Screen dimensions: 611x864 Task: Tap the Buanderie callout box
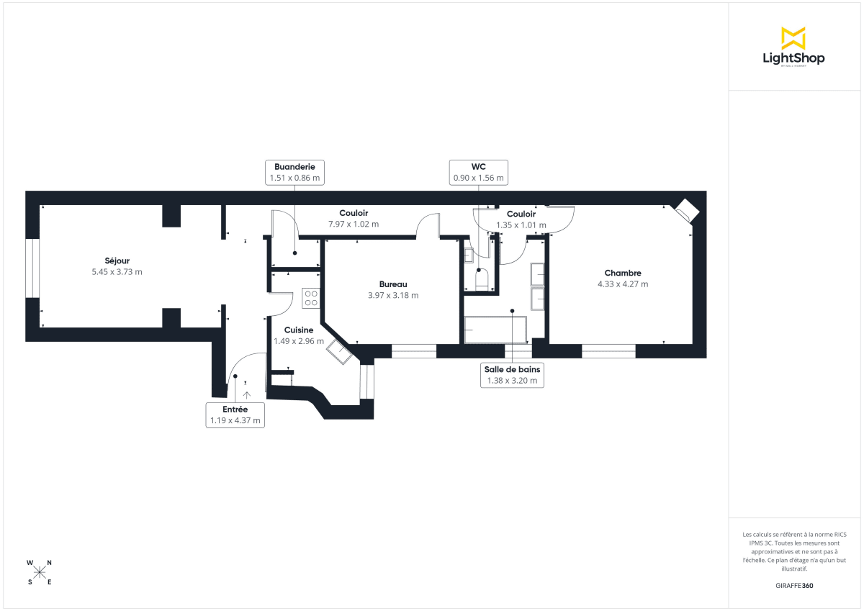(294, 171)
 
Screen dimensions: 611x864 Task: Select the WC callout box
(478, 171)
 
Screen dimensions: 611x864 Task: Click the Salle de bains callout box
(512, 375)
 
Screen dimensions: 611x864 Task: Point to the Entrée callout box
(234, 415)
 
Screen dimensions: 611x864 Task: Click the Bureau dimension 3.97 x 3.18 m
(393, 295)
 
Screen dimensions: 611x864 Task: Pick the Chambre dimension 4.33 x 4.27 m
(623, 284)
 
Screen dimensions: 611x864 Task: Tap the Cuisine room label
(299, 330)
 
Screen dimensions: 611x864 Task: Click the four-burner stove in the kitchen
(311, 298)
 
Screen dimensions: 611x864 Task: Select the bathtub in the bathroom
(495, 330)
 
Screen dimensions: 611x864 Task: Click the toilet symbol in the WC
(482, 279)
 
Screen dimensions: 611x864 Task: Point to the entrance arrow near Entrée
(247, 394)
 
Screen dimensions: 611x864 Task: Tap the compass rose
(40, 572)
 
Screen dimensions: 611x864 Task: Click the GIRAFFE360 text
(793, 586)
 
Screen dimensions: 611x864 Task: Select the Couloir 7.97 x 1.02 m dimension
(354, 225)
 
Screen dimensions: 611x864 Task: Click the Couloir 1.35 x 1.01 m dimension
(521, 225)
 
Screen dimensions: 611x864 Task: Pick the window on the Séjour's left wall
(32, 268)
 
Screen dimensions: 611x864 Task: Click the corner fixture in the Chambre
(686, 210)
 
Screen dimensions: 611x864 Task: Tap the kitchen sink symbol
(339, 352)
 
